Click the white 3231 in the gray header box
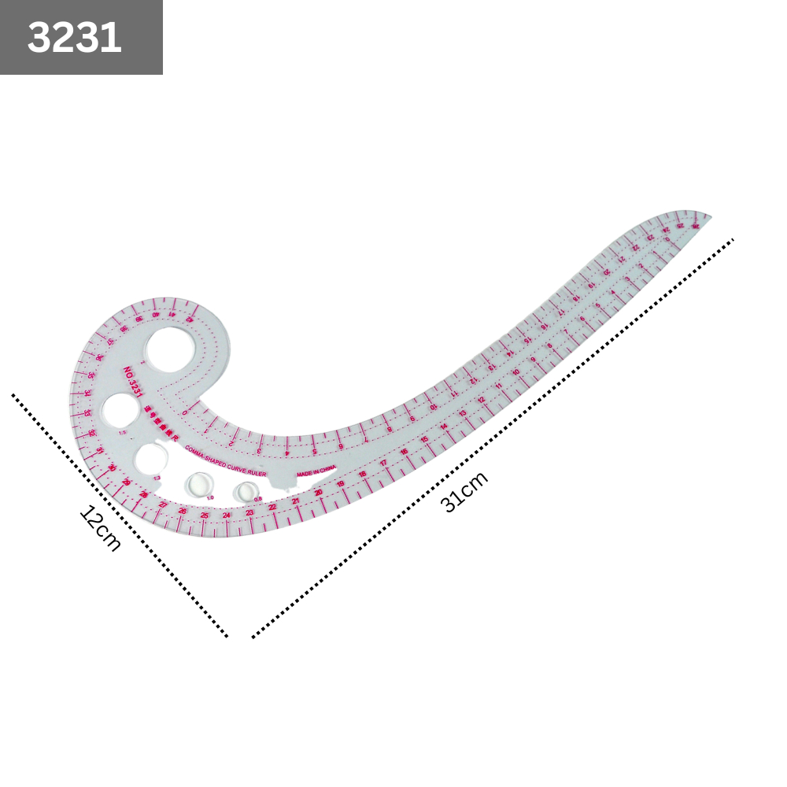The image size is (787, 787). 75,38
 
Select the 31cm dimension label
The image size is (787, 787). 465,491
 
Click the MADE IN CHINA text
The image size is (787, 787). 316,471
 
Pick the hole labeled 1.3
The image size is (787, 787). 153,460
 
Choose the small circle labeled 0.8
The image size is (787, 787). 247,492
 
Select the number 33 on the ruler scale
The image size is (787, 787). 87,412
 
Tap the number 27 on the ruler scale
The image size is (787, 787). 163,504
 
